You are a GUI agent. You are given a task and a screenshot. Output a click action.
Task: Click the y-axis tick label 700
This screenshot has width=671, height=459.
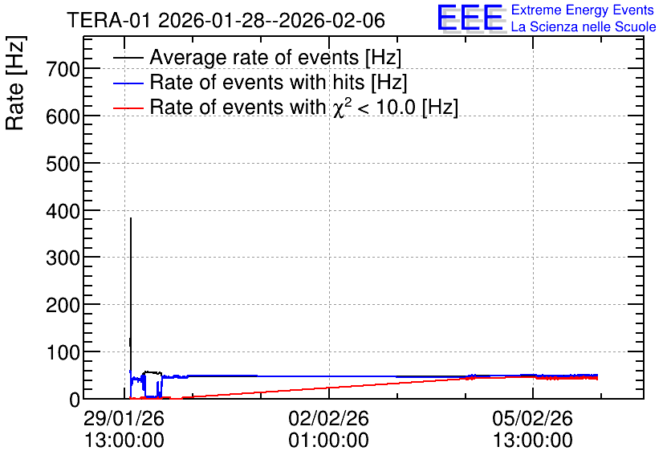(63, 69)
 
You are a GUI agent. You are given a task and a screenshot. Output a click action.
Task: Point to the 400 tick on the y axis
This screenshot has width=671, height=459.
(63, 211)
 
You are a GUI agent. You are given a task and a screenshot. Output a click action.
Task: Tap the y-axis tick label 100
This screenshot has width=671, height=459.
(63, 353)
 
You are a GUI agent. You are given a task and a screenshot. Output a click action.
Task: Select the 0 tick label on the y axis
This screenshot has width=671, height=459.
(75, 400)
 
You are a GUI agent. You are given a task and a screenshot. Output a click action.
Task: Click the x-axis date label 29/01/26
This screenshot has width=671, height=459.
(124, 418)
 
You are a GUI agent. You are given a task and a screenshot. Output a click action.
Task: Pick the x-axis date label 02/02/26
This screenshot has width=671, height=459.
(328, 418)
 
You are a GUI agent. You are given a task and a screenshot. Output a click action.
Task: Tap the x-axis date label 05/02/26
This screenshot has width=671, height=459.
(532, 418)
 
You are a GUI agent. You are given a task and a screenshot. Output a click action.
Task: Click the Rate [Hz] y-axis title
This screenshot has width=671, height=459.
(16, 83)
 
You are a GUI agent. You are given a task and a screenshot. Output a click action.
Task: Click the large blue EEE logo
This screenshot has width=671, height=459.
(470, 18)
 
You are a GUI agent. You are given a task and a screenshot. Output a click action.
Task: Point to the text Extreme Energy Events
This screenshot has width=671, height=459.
(583, 10)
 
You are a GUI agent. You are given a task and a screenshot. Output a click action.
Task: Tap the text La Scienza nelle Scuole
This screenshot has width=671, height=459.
(584, 27)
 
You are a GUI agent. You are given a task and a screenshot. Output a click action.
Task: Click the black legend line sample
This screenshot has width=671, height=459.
(128, 57)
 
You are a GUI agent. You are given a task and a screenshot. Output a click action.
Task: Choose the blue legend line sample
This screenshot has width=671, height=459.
(128, 83)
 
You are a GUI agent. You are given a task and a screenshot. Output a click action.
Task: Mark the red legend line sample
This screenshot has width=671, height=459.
(128, 108)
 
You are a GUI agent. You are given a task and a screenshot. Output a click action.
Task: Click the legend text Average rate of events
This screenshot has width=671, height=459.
(254, 57)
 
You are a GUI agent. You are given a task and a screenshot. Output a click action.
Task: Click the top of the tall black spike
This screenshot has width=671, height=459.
(131, 218)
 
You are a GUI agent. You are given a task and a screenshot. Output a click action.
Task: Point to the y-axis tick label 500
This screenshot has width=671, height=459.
(63, 164)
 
